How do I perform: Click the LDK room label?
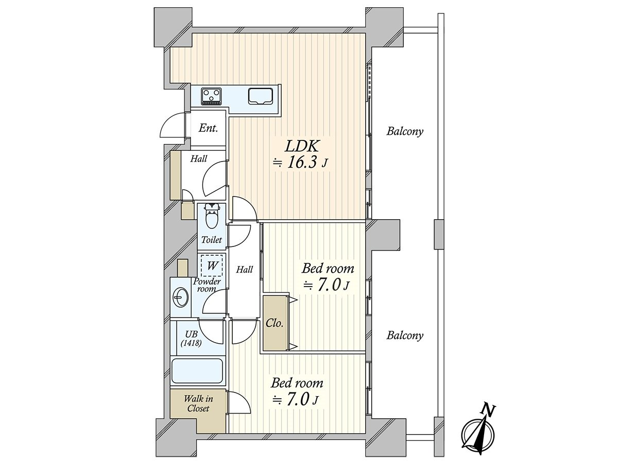(302, 147)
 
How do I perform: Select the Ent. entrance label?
(209, 128)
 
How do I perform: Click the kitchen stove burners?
(211, 96)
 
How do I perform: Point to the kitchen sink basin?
(261, 96)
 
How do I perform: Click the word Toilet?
(212, 240)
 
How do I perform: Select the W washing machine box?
(212, 265)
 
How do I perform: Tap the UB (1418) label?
(191, 339)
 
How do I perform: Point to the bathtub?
(197, 371)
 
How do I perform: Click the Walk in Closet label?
(198, 403)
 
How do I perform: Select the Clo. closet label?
(274, 324)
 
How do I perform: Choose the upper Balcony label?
(405, 131)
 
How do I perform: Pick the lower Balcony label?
(405, 335)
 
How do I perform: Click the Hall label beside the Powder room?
(245, 270)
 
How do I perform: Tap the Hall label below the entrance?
(198, 159)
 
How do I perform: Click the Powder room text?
(207, 285)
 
